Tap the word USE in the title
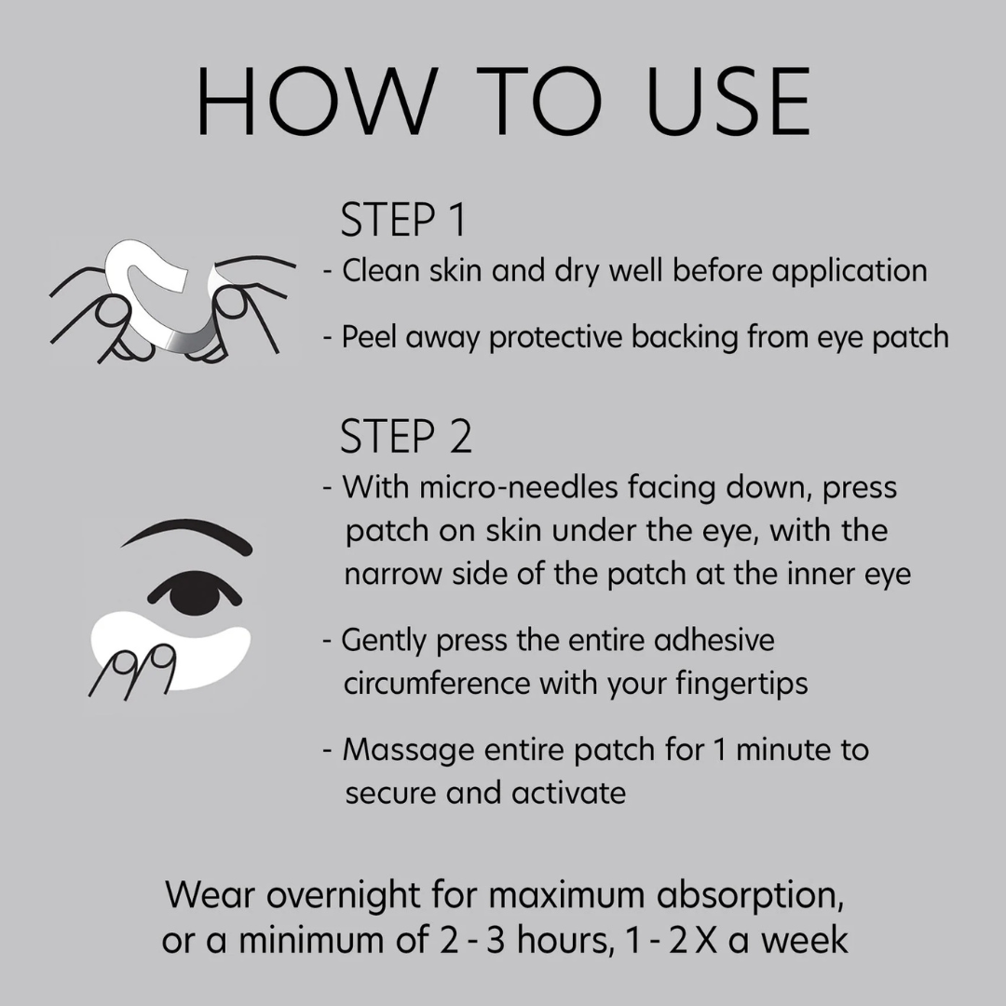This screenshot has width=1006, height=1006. click(x=727, y=103)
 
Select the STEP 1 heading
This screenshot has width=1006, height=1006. click(x=402, y=221)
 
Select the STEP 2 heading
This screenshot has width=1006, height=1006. click(x=406, y=437)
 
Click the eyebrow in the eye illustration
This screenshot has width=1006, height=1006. click(x=186, y=536)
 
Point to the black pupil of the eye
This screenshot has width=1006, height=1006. click(x=195, y=591)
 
